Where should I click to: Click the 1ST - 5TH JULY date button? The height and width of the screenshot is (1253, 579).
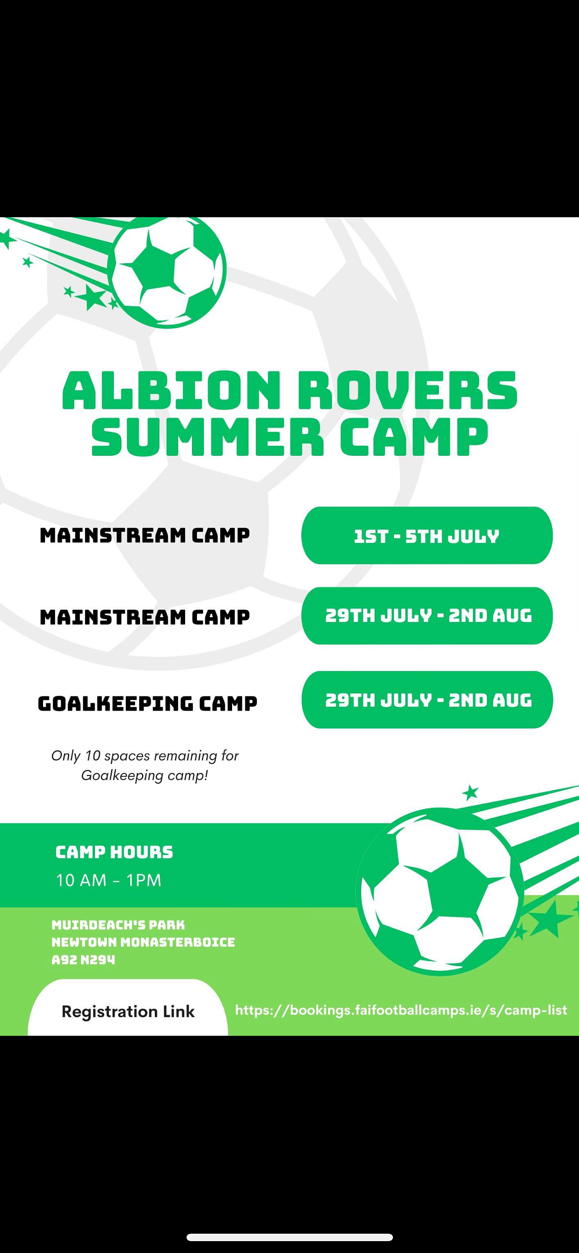pos(427,535)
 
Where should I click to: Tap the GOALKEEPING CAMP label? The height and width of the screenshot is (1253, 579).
pos(147,703)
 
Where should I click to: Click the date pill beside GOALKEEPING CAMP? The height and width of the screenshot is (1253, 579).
pos(427,700)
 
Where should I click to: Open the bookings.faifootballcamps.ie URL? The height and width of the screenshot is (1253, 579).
pos(401,1010)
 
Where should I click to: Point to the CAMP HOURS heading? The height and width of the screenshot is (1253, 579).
pos(114,852)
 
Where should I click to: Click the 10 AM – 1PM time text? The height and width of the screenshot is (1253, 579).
pos(108,880)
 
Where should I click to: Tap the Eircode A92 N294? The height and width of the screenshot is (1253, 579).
pos(83,960)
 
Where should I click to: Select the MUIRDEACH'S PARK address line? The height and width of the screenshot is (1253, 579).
pos(118,924)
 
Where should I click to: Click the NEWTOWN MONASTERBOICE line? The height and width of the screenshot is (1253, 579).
pos(143,942)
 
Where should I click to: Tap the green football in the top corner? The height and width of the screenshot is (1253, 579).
pos(167,271)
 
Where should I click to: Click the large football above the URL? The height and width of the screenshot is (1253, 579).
pos(439,891)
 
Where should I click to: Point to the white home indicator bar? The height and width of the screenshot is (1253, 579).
pos(289,1237)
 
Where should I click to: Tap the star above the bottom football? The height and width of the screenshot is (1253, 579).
pos(470,793)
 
